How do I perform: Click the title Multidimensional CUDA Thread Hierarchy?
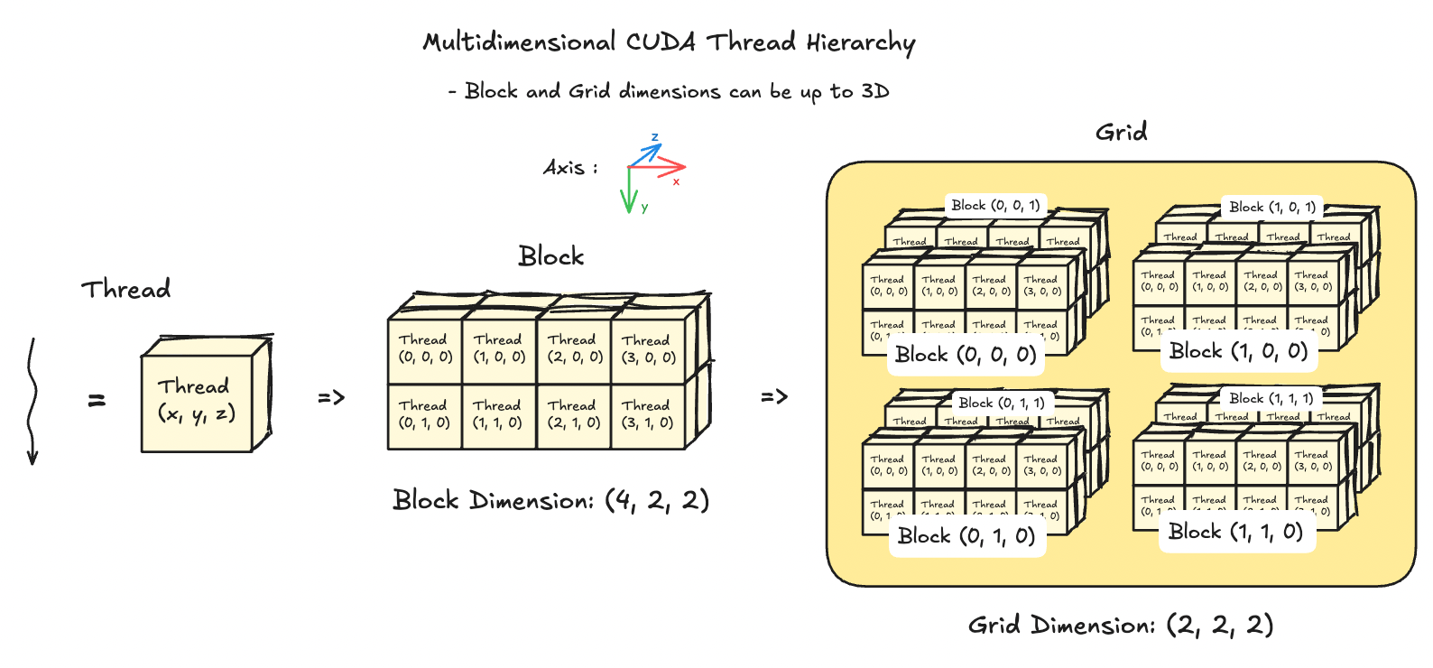tap(669, 42)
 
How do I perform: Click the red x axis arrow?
tap(663, 167)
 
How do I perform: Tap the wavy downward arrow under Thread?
tap(32, 402)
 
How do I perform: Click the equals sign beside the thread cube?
tap(97, 400)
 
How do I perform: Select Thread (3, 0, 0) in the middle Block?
tap(648, 348)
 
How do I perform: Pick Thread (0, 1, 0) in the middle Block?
tap(424, 414)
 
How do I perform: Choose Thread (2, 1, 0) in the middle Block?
tap(573, 414)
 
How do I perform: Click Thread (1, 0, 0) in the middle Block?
tap(498, 348)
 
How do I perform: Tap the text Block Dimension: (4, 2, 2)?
tap(550, 500)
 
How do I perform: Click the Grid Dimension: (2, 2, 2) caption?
tap(1120, 625)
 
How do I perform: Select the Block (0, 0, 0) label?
tap(966, 355)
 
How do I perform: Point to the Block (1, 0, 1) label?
tap(1271, 207)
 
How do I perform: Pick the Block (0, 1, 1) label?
tap(1001, 403)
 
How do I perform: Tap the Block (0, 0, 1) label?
tap(994, 205)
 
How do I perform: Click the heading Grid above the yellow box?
tap(1121, 133)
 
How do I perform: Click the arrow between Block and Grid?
tap(774, 396)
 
